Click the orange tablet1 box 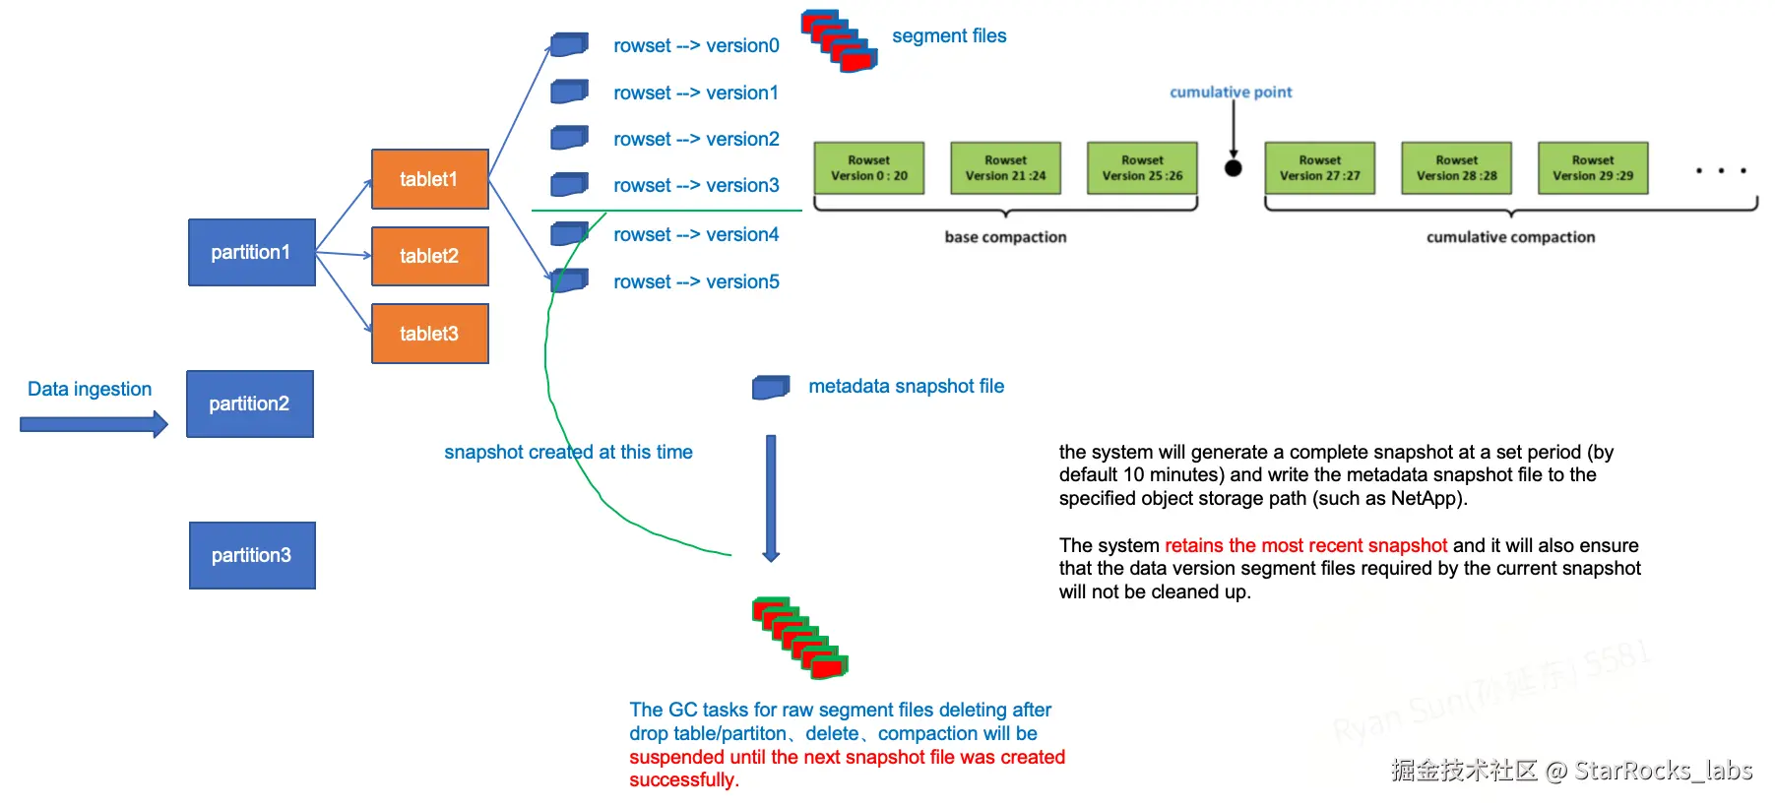(x=429, y=179)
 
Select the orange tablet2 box (x=429, y=256)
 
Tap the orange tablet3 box (x=429, y=334)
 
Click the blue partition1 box (x=251, y=252)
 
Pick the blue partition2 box (x=249, y=403)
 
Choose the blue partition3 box (x=251, y=555)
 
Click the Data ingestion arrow (x=94, y=425)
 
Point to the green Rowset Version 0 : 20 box (x=868, y=168)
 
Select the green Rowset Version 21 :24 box (x=1005, y=168)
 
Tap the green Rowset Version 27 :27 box (x=1319, y=168)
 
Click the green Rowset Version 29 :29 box (x=1592, y=168)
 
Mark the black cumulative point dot (x=1233, y=168)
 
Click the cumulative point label (x=1231, y=93)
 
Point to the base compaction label (x=1005, y=237)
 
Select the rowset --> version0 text (x=696, y=46)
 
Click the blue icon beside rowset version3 (x=569, y=184)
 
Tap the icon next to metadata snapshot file (x=771, y=387)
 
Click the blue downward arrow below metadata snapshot (x=771, y=498)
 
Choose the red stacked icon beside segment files (x=839, y=41)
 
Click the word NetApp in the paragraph (x=1425, y=498)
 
